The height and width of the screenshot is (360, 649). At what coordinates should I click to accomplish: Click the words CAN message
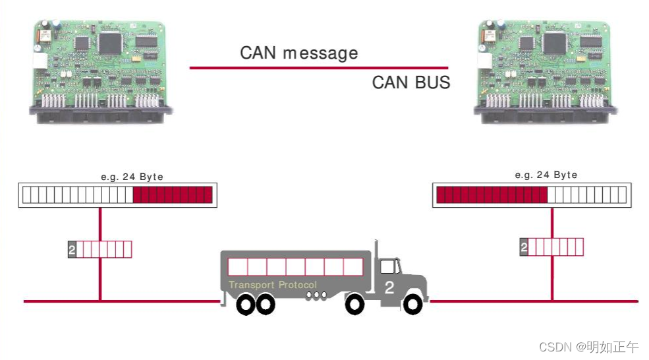pyautogui.click(x=298, y=53)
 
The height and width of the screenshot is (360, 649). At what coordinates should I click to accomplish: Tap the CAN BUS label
pyautogui.click(x=410, y=82)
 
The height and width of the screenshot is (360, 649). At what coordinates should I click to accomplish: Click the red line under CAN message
pyautogui.click(x=318, y=67)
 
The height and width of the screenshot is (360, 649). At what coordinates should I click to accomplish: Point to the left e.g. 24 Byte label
pyautogui.click(x=132, y=177)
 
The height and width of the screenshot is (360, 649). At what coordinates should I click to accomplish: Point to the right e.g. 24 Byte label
pyautogui.click(x=546, y=175)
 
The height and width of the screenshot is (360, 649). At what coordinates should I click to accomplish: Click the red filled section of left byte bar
pyautogui.click(x=173, y=195)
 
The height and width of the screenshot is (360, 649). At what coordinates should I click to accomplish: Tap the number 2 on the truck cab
pyautogui.click(x=389, y=287)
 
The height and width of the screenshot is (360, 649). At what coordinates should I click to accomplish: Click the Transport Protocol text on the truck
pyautogui.click(x=272, y=285)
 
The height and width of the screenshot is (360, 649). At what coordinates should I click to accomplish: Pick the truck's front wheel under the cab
pyautogui.click(x=413, y=304)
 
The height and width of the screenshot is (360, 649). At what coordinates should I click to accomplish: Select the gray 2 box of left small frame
pyautogui.click(x=72, y=249)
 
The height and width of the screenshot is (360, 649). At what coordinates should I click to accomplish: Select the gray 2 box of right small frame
pyautogui.click(x=524, y=247)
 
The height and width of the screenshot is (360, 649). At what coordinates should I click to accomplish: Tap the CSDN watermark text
pyautogui.click(x=588, y=347)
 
